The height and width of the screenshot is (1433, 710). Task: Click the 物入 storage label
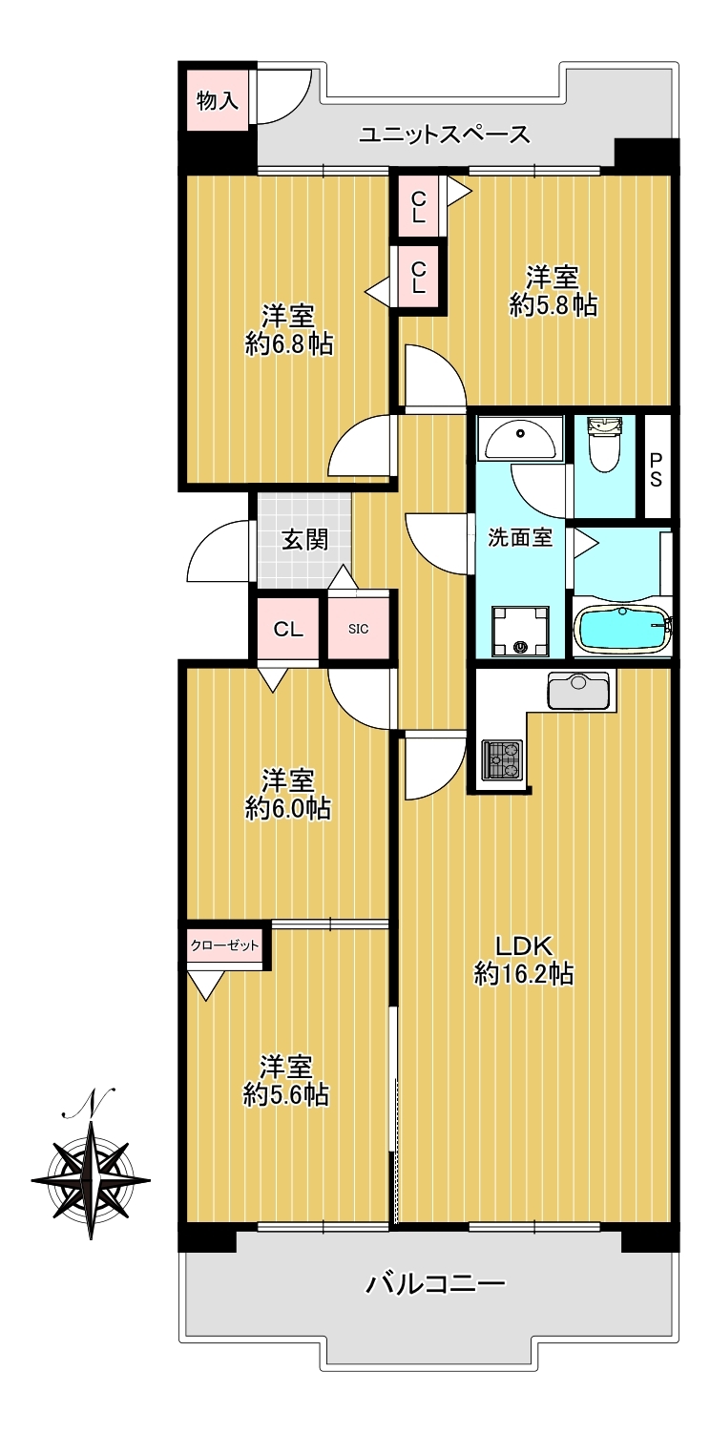pyautogui.click(x=218, y=100)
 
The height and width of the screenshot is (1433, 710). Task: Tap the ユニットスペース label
pyautogui.click(x=445, y=135)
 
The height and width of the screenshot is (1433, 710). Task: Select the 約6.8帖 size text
pyautogui.click(x=289, y=345)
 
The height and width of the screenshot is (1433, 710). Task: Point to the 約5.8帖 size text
pyautogui.click(x=553, y=305)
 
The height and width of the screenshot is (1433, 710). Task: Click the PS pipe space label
pyautogui.click(x=657, y=470)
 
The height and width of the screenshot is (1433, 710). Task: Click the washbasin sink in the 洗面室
pyautogui.click(x=519, y=440)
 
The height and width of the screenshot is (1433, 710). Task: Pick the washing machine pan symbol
pyautogui.click(x=519, y=630)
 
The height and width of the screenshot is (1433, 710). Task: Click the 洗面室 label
pyautogui.click(x=520, y=537)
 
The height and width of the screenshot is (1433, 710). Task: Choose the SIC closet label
pyautogui.click(x=358, y=629)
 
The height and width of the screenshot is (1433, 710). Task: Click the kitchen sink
pyautogui.click(x=578, y=691)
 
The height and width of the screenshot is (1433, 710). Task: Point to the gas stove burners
pyautogui.click(x=502, y=759)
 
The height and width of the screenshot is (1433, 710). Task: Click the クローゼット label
pyautogui.click(x=224, y=945)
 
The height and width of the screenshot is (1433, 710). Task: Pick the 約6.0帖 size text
pyautogui.click(x=288, y=809)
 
